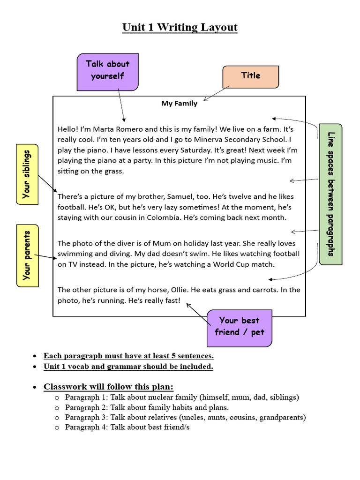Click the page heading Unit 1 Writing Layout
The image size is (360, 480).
[180, 28]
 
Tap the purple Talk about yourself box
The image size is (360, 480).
[107, 71]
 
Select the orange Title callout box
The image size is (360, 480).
[250, 76]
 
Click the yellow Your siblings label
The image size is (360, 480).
[27, 174]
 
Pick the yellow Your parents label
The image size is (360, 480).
[27, 255]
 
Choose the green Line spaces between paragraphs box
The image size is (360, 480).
[331, 194]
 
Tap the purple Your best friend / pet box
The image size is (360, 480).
[239, 327]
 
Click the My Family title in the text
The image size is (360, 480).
[179, 104]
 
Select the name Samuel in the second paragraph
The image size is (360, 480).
[165, 197]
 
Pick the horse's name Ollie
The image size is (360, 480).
[173, 290]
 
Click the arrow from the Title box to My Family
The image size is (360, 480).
[217, 93]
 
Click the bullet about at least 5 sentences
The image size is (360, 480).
[128, 356]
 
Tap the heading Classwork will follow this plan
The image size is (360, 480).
[108, 387]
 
